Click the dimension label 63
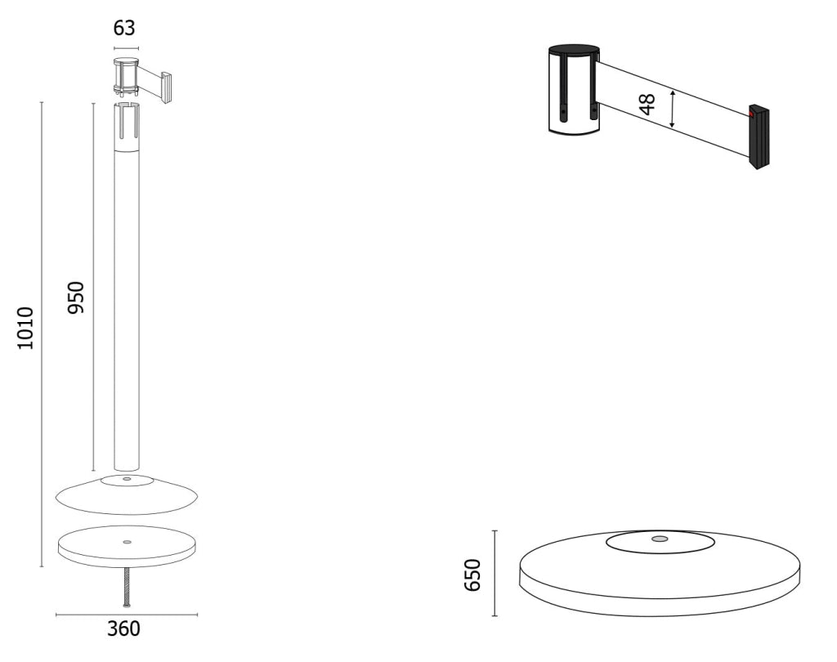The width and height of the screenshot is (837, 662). point(124,28)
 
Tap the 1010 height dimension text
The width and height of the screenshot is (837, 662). point(25,329)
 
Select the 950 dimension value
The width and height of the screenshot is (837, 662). point(76,297)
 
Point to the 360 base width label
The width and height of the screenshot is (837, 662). point(124,629)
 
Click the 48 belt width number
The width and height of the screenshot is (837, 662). point(647,104)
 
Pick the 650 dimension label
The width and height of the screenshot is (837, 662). point(472,575)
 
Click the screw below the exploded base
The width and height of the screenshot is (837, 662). point(127,588)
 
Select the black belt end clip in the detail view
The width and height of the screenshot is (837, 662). point(758,137)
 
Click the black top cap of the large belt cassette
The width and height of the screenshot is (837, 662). point(574,49)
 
